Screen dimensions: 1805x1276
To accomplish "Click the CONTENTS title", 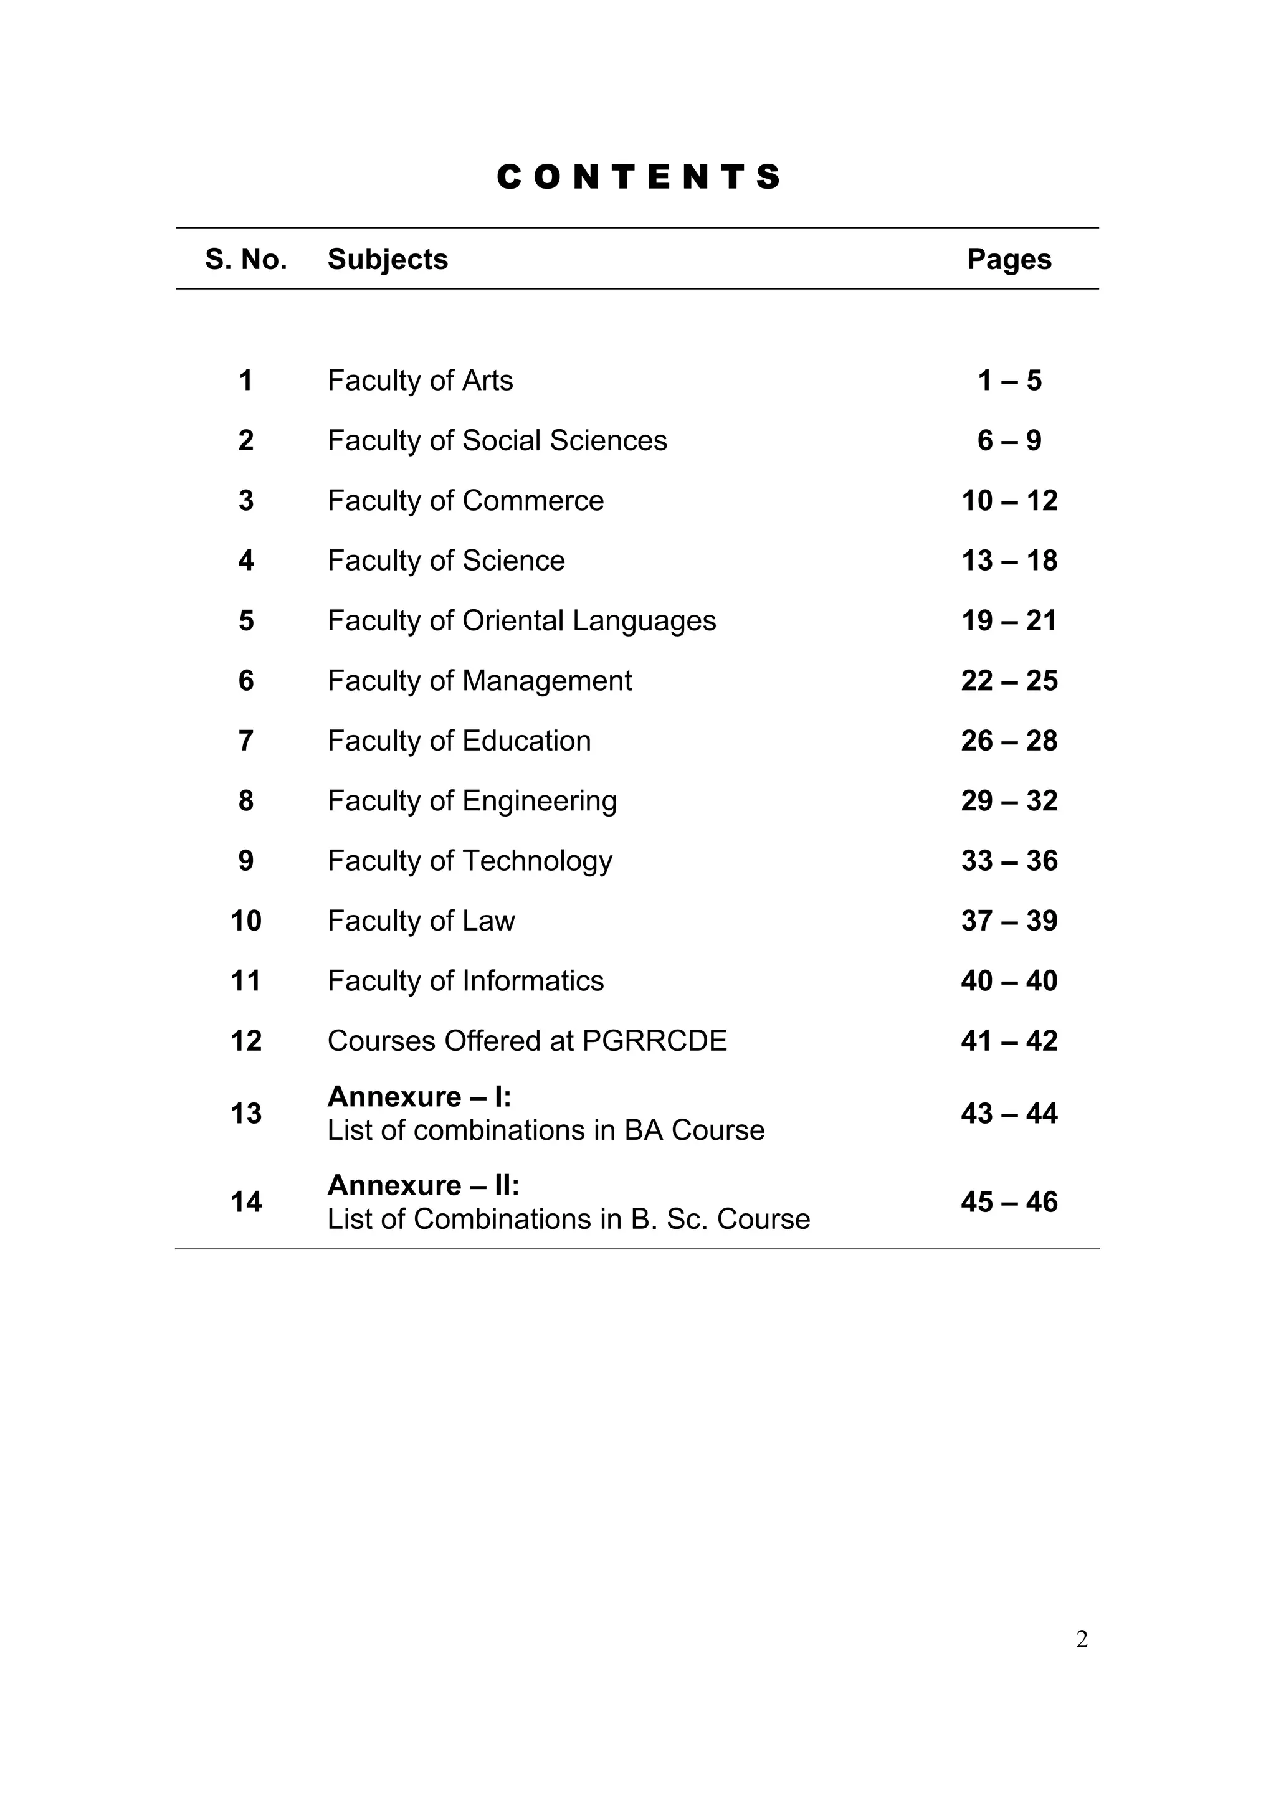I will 639,177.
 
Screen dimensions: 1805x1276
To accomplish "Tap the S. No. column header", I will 246,260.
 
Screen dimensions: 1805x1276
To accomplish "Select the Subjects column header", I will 388,260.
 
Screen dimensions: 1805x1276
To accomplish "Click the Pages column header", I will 1009,260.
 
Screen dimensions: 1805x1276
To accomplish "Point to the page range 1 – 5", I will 1009,381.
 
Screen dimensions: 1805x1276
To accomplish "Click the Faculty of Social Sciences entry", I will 497,441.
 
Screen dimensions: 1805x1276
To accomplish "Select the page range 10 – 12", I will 1009,501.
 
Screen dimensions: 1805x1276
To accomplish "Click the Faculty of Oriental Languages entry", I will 521,621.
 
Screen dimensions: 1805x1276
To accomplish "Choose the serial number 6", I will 246,681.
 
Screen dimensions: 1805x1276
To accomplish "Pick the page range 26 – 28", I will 1009,741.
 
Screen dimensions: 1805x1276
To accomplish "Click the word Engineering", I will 540,801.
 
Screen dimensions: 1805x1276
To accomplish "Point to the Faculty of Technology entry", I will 469,861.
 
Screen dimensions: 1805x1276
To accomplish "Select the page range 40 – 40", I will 1009,981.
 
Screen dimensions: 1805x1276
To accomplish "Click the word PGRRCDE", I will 654,1041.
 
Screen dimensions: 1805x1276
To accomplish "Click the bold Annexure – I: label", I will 419,1097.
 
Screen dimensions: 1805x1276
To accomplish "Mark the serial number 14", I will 246,1202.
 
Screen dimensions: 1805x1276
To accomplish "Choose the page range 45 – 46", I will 1009,1202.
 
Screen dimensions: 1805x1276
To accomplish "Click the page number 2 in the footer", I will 1082,1639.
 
